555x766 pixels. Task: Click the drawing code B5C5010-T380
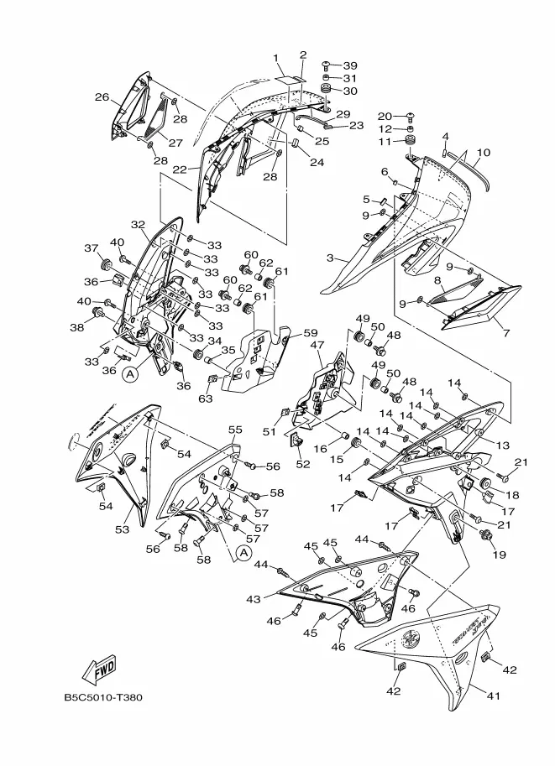(x=102, y=697)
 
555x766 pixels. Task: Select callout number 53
(x=123, y=530)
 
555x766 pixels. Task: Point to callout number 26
(x=102, y=97)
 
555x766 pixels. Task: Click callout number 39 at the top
(x=350, y=65)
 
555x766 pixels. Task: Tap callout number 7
(x=505, y=334)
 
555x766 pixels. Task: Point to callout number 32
(x=138, y=225)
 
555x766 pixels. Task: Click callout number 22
(x=180, y=169)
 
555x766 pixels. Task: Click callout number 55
(x=235, y=430)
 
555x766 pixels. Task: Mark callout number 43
(x=254, y=599)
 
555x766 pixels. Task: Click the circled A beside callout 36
(x=128, y=376)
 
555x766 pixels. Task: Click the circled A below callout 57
(x=243, y=552)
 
